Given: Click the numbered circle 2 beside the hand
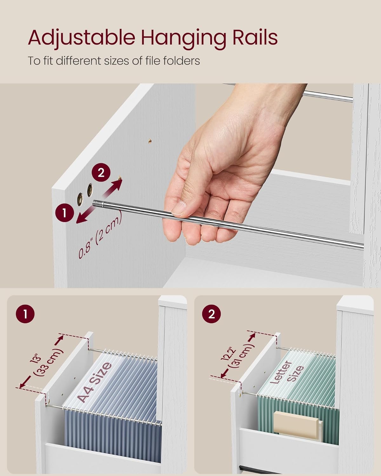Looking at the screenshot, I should [x=101, y=173].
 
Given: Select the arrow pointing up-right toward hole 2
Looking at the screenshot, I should [x=112, y=189].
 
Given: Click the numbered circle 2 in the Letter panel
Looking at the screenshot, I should [x=211, y=314].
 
